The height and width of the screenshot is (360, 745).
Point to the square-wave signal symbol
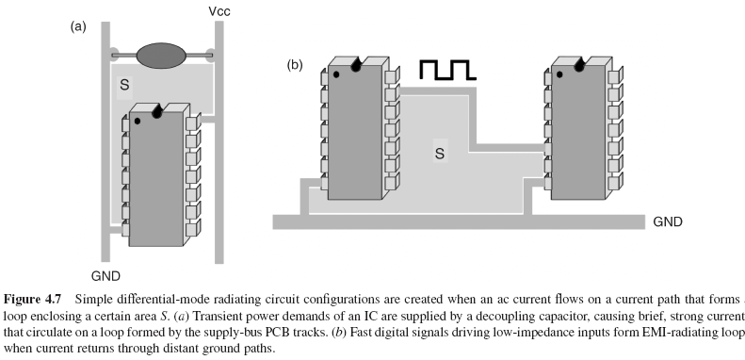pyautogui.click(x=449, y=70)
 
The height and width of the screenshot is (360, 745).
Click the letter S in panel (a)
pyautogui.click(x=122, y=87)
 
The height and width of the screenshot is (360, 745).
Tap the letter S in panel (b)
pyautogui.click(x=439, y=151)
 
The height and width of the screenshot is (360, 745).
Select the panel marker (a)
pyautogui.click(x=78, y=26)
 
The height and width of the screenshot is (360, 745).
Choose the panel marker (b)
pyautogui.click(x=296, y=66)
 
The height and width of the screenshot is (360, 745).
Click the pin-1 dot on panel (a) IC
pyautogui.click(x=138, y=122)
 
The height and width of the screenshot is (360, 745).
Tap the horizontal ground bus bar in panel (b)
pyautogui.click(x=452, y=222)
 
